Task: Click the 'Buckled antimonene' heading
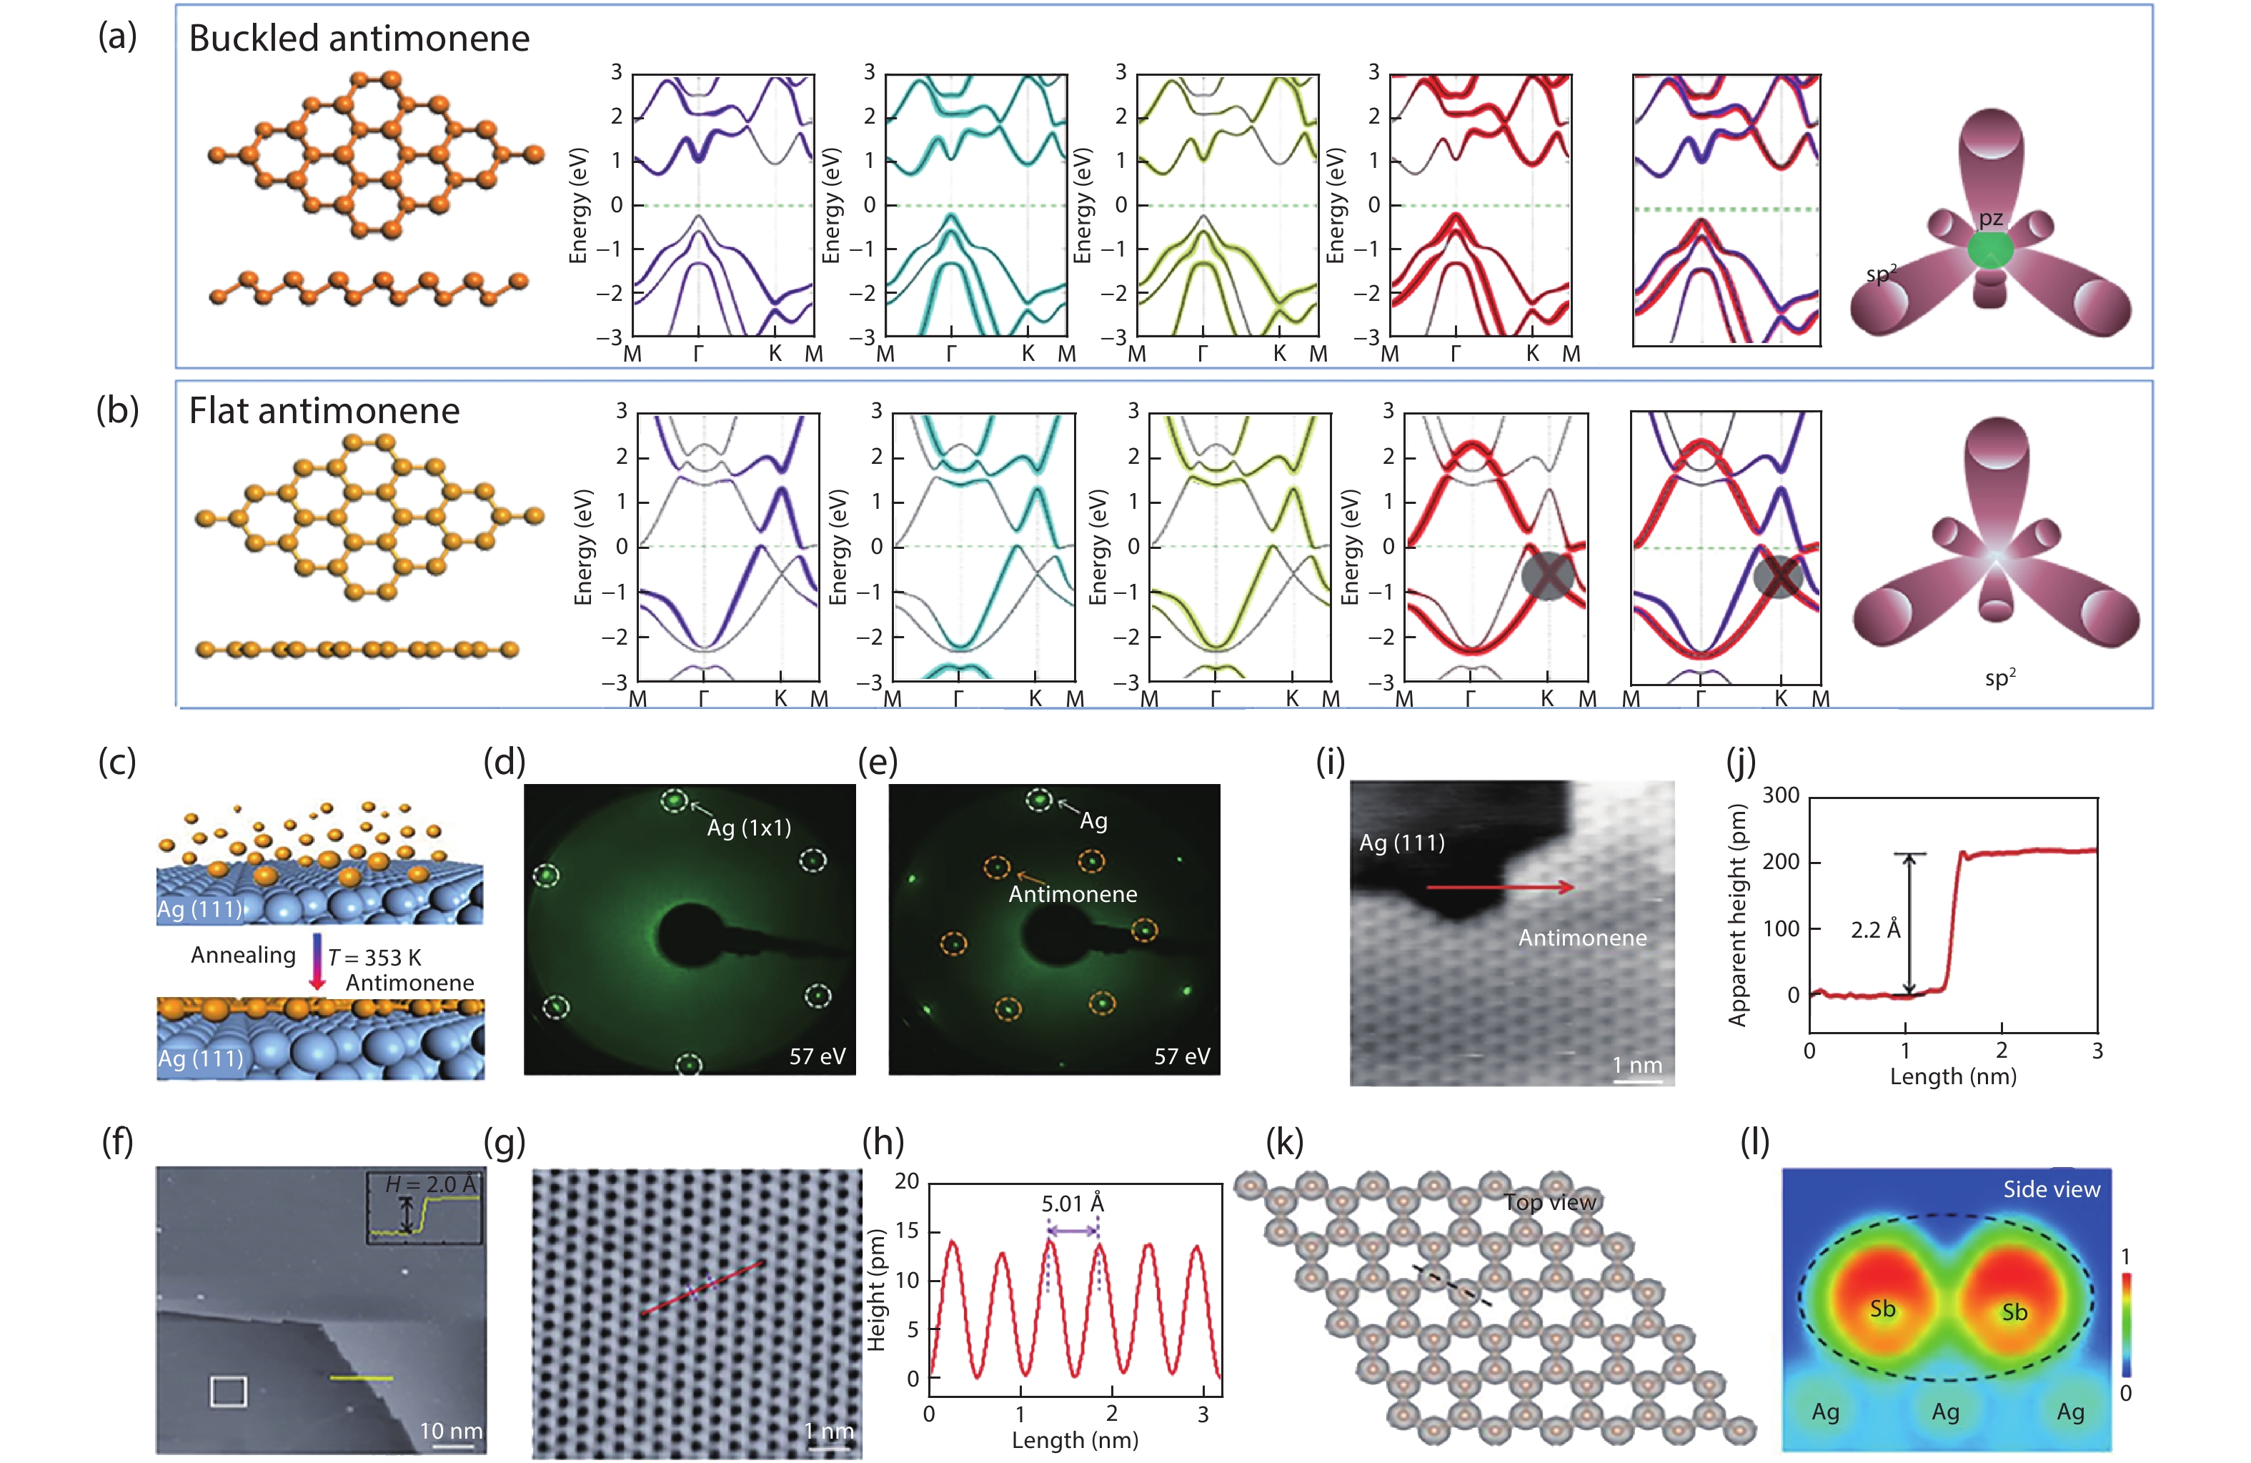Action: [359, 39]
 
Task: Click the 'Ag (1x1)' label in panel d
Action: [748, 828]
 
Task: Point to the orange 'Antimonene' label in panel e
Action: [1073, 893]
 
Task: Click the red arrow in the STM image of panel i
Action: [1499, 887]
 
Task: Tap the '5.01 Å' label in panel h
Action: [1073, 1203]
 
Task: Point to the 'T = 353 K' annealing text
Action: [374, 957]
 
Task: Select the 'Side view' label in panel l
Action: [2050, 1190]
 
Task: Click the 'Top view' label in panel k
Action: [1549, 1202]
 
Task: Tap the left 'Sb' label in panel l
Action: [1882, 1309]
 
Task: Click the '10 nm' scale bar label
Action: [450, 1431]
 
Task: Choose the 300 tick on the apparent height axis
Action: [1780, 795]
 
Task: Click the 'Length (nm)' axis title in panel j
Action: [1952, 1076]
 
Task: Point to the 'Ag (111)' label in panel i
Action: [1401, 843]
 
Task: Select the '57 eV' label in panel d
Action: [818, 1056]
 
